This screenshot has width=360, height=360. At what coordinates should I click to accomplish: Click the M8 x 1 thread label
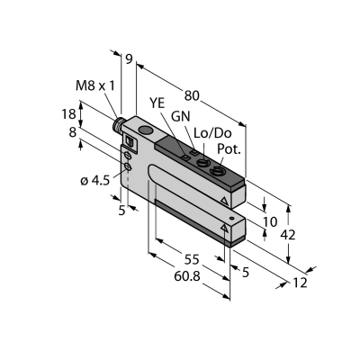pyautogui.click(x=95, y=86)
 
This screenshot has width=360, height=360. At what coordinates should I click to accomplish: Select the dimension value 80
pyautogui.click(x=192, y=96)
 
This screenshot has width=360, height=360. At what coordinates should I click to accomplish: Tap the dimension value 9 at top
pyautogui.click(x=129, y=59)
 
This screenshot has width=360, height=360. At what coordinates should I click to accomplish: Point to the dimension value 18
pyautogui.click(x=68, y=114)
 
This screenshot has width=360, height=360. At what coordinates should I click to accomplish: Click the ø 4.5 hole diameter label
pyautogui.click(x=95, y=181)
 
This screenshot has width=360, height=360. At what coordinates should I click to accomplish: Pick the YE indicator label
pyautogui.click(x=157, y=103)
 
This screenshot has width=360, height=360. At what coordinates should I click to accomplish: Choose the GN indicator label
pyautogui.click(x=181, y=117)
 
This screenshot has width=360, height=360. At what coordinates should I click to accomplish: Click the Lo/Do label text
pyautogui.click(x=212, y=133)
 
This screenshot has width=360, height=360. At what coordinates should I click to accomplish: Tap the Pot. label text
pyautogui.click(x=229, y=149)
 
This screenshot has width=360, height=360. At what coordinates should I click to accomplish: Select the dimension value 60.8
pyautogui.click(x=187, y=276)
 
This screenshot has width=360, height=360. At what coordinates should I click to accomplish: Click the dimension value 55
pyautogui.click(x=192, y=259)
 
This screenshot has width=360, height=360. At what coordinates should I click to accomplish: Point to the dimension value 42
pyautogui.click(x=288, y=235)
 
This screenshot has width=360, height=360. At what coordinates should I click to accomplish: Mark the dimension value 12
pyautogui.click(x=301, y=283)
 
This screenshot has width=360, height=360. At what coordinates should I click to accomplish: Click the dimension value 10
pyautogui.click(x=270, y=222)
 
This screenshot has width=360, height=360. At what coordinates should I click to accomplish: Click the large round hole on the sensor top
pyautogui.click(x=146, y=130)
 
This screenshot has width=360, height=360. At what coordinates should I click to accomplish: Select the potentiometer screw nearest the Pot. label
pyautogui.click(x=215, y=172)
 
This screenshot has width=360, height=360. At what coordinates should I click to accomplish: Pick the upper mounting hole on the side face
pyautogui.click(x=128, y=156)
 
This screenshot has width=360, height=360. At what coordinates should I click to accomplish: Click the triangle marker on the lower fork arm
pyautogui.click(x=224, y=228)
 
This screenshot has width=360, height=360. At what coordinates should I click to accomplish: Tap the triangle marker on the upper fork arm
pyautogui.click(x=224, y=201)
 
